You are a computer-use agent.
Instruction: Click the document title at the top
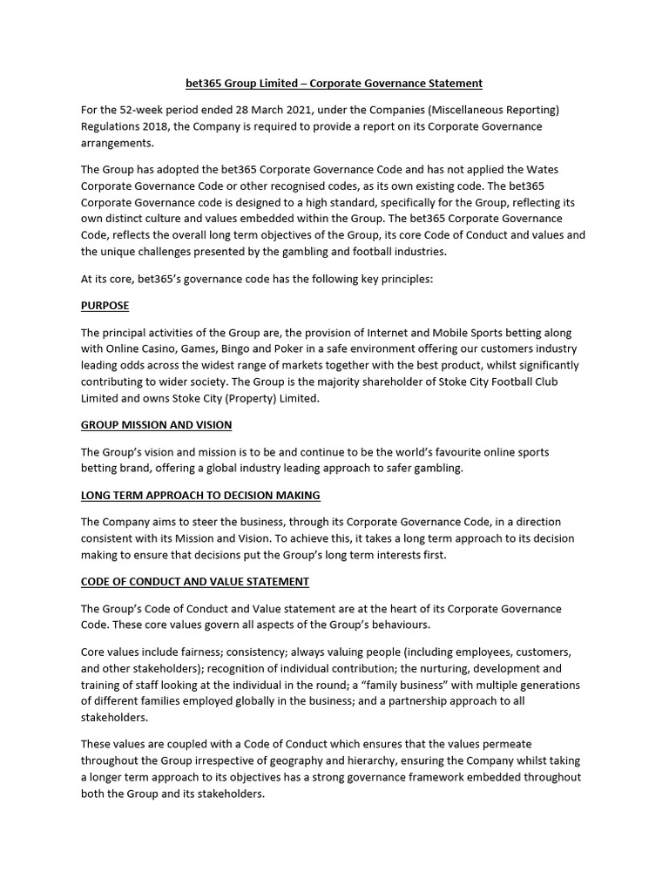coord(334,84)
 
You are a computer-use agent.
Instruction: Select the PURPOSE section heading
coord(105,307)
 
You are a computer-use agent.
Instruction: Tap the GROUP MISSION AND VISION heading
coord(157,425)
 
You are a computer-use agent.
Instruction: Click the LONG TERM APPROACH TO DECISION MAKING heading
coord(200,495)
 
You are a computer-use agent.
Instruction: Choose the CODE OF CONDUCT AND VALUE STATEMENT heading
coord(195,581)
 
